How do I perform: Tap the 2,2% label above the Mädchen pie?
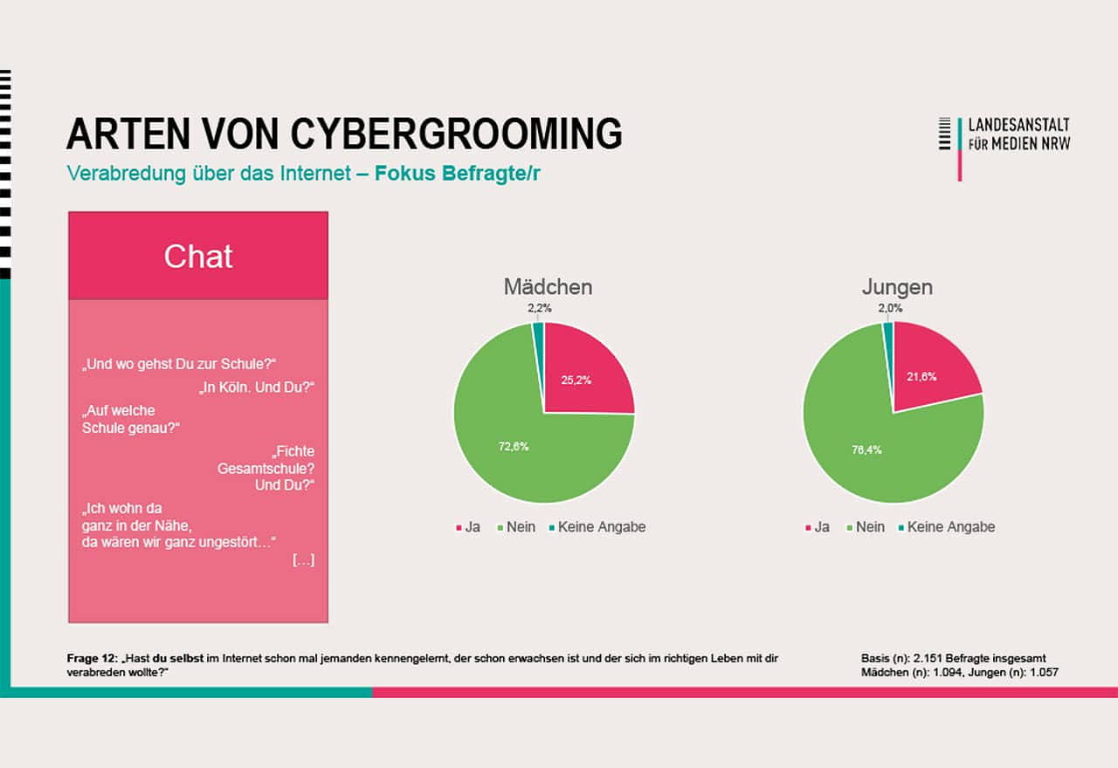point(539,308)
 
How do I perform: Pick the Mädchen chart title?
point(548,286)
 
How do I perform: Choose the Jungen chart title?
point(896,286)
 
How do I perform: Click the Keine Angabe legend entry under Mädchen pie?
point(601,527)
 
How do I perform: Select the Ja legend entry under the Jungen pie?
point(821,527)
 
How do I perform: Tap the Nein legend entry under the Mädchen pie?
point(521,527)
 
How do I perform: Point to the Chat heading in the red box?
point(198,257)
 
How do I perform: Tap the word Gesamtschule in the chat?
point(266,469)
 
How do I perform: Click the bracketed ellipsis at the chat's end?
point(303,560)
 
